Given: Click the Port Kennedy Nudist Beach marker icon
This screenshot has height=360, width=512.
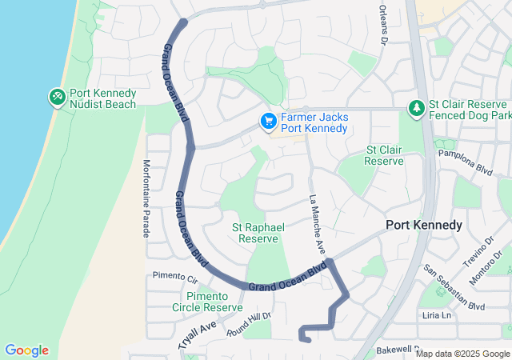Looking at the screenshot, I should [58, 97].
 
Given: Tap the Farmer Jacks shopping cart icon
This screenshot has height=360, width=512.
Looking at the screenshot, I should [268, 122].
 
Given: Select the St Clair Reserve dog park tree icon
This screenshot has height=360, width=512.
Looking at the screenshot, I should [416, 108].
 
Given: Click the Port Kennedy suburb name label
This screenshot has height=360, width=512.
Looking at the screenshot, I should [424, 225].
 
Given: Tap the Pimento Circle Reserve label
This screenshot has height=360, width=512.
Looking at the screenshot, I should [207, 302].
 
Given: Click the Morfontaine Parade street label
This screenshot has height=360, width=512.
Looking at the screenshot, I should [146, 198].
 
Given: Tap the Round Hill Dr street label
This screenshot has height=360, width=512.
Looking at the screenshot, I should [249, 322].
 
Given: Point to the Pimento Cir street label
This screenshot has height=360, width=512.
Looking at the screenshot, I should [174, 277].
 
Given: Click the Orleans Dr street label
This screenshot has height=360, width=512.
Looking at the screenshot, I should [382, 28].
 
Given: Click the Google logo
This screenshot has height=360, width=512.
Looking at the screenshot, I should [26, 350].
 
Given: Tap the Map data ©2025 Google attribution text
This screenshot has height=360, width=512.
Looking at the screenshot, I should [462, 354].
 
